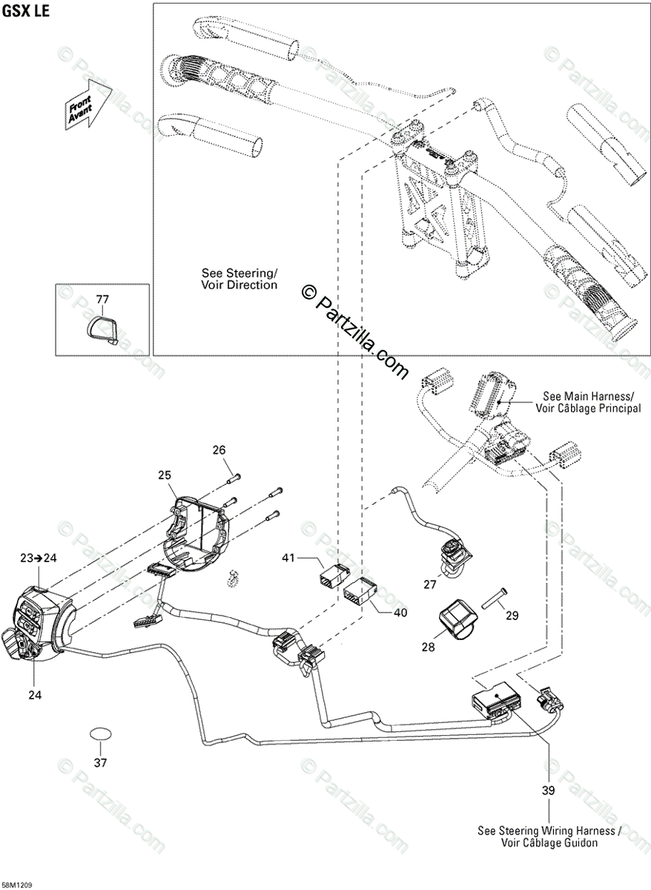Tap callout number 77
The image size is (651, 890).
(x=102, y=300)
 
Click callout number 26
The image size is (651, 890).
(x=219, y=450)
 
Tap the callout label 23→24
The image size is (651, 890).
(x=37, y=558)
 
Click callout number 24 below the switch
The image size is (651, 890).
(x=36, y=695)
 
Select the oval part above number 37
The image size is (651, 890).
(x=101, y=734)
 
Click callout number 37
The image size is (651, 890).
(x=101, y=762)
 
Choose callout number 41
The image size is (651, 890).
(x=289, y=558)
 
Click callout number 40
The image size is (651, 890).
(x=400, y=613)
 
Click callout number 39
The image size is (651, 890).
(x=548, y=791)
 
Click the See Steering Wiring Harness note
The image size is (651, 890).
(x=549, y=837)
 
